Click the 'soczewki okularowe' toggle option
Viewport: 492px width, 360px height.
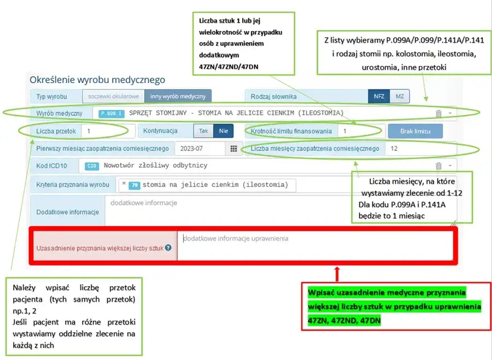click(x=113, y=96)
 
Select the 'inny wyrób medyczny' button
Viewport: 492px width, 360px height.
click(x=178, y=96)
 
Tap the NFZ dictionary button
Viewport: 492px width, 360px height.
click(x=379, y=96)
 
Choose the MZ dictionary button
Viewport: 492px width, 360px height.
click(x=400, y=96)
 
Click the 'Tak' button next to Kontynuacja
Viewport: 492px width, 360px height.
click(x=203, y=131)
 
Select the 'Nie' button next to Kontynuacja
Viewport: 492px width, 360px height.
click(x=223, y=131)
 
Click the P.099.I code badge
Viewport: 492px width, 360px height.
click(x=112, y=114)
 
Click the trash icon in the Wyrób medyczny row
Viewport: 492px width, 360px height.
click(x=438, y=114)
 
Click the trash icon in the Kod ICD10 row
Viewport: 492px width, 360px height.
click(x=438, y=166)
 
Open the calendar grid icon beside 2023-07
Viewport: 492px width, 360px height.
click(x=234, y=149)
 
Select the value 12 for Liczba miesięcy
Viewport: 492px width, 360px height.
click(x=394, y=149)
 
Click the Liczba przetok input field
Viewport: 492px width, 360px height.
click(x=108, y=131)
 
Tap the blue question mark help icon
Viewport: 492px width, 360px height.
click(x=168, y=247)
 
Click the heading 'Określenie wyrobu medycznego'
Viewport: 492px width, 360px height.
click(x=97, y=80)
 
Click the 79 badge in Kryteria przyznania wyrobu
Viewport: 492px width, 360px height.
click(x=134, y=185)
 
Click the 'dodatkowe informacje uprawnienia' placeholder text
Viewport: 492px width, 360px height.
click(x=236, y=239)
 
